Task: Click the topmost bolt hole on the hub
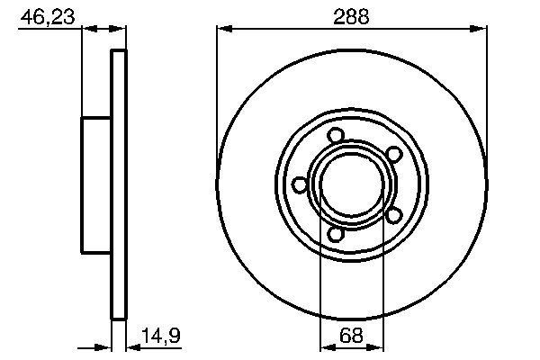point(337,136)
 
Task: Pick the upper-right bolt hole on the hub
point(393,155)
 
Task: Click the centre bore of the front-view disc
point(352,184)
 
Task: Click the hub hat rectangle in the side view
point(96,184)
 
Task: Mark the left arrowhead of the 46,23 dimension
point(87,29)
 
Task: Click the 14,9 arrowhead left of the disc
point(106,346)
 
